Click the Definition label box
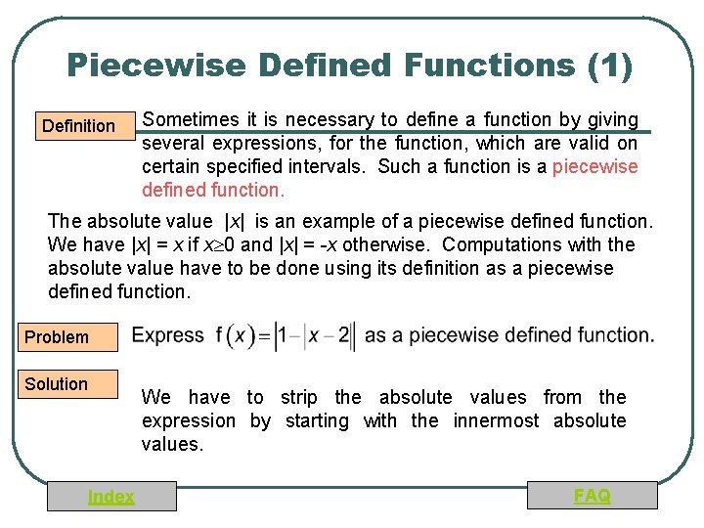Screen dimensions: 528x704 (78, 125)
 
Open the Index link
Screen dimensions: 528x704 (111, 497)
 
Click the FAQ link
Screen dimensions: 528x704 (593, 496)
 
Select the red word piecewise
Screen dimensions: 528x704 (594, 166)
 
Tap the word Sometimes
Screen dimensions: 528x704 (190, 120)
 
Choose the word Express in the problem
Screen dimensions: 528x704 (168, 335)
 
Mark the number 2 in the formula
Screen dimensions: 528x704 (343, 336)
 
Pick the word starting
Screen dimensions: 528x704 (316, 420)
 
